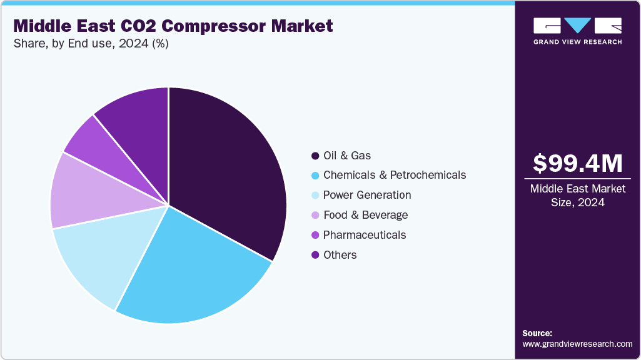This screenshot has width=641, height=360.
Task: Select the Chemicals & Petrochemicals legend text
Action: [394, 175]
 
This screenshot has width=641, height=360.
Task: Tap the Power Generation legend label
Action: [367, 195]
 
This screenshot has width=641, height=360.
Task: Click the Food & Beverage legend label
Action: [365, 215]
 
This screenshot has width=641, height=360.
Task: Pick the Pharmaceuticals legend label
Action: [365, 235]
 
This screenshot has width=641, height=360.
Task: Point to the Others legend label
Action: [340, 255]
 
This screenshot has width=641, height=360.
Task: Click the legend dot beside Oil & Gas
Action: [315, 155]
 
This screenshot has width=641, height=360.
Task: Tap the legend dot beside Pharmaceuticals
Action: [315, 235]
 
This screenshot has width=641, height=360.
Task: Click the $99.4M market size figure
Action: [577, 164]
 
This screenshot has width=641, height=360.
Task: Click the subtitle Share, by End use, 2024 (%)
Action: [91, 44]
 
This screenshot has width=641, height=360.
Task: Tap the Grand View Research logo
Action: [577, 30]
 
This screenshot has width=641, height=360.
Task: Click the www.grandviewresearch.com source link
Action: [577, 344]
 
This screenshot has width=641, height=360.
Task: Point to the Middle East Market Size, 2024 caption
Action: [577, 196]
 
